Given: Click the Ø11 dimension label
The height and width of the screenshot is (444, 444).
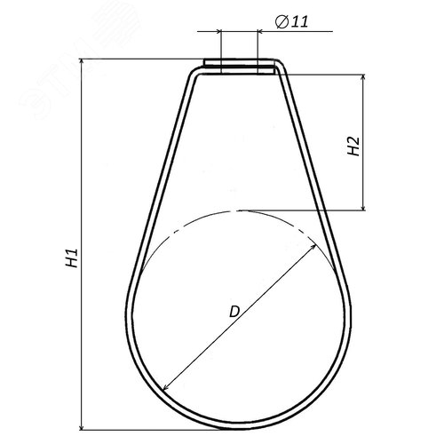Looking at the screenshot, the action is tap(292, 21).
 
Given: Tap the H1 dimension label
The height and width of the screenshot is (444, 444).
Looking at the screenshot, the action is tap(72, 258).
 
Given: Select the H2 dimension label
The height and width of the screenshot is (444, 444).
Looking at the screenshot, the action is tap(353, 146).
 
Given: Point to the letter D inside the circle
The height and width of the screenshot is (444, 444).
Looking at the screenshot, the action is tap(234, 312).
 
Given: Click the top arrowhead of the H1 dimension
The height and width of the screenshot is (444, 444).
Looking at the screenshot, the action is tap(82, 62).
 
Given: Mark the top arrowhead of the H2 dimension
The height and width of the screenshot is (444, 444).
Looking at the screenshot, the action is tap(364, 77).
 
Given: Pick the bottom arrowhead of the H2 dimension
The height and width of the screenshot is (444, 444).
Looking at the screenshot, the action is tap(364, 207).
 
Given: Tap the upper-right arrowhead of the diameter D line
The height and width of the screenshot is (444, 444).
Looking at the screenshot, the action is tap(313, 248).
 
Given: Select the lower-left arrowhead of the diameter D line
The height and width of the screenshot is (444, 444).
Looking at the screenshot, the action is tap(166, 387).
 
